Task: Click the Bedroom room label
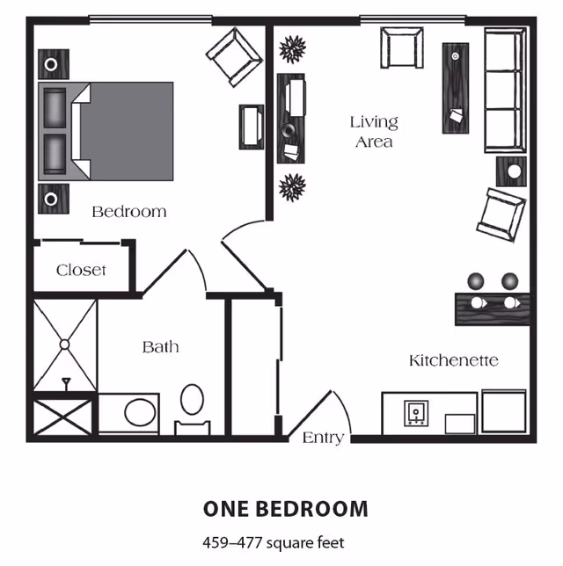(x=129, y=212)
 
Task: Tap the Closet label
(x=81, y=270)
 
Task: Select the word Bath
(x=160, y=347)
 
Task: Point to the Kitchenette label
(x=454, y=360)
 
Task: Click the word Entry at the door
(x=323, y=438)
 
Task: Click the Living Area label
(x=374, y=132)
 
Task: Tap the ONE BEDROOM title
(x=286, y=509)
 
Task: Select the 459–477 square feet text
(x=274, y=542)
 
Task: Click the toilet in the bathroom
(x=192, y=409)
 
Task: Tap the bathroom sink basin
(x=140, y=412)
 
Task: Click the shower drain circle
(x=65, y=345)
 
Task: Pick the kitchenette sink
(x=416, y=413)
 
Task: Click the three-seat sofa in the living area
(x=505, y=91)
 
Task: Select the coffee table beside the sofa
(x=456, y=88)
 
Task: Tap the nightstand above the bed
(x=54, y=64)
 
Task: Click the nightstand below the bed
(x=54, y=199)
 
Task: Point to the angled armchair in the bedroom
(x=234, y=56)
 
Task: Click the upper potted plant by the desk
(x=292, y=48)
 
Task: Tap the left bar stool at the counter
(x=476, y=281)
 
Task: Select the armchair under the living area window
(x=402, y=47)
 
